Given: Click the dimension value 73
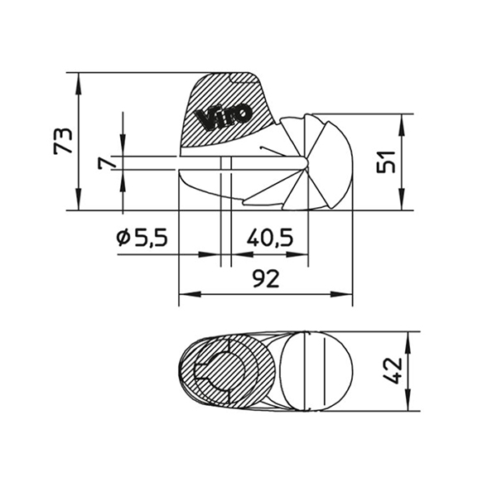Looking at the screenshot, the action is tap(64, 141).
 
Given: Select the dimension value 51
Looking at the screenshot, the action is tap(386, 162).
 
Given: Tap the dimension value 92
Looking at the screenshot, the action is tap(266, 279).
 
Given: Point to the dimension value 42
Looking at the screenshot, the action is tap(393, 371).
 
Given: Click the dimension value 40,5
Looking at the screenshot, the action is tap(270, 238).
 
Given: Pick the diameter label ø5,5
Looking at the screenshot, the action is tap(142, 238).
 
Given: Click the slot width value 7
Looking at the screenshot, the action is tap(108, 163).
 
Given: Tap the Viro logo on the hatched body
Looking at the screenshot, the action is tap(223, 117).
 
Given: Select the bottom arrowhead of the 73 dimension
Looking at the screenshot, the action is tap(79, 200).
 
